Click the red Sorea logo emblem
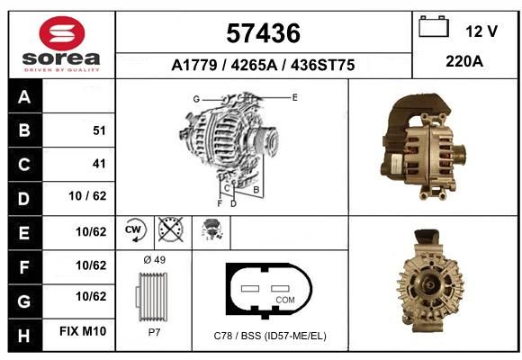coord(62,33)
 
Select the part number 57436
coord(263,33)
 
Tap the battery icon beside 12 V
coord(434,26)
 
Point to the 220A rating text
coord(464,61)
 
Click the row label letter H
coord(24,336)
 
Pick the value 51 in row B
coord(99,130)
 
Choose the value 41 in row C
coord(99,164)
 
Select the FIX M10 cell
coord(83,331)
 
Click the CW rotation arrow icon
coord(135,229)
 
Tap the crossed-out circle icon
coord(170,229)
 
